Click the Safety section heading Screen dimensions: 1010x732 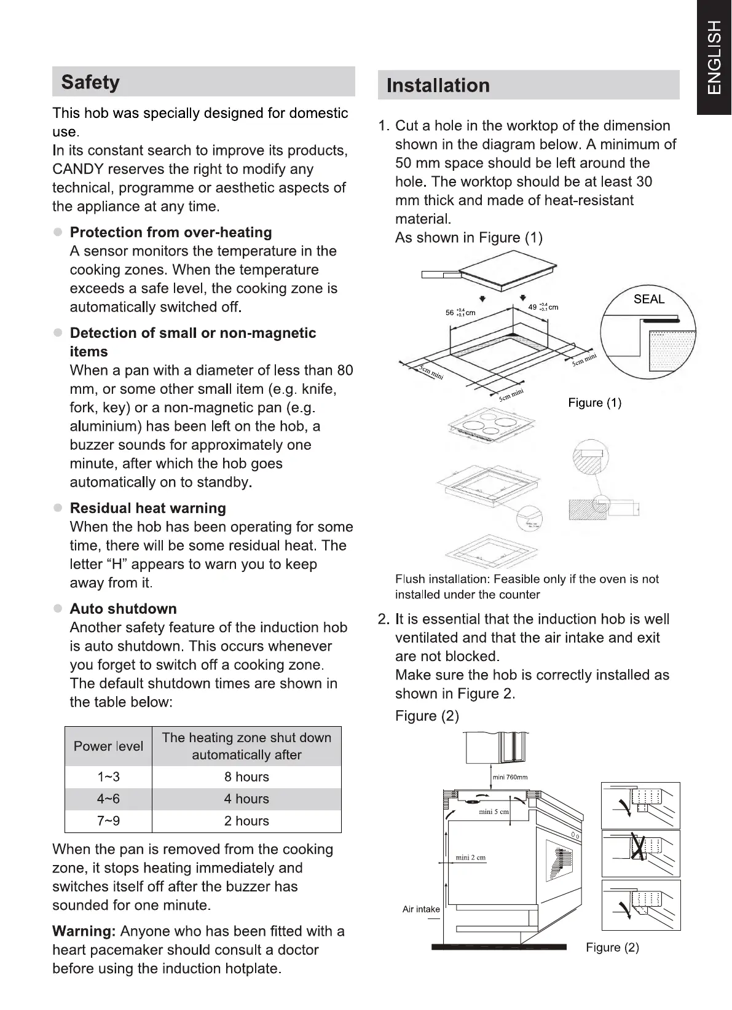(x=90, y=82)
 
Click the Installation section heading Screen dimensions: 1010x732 (x=438, y=85)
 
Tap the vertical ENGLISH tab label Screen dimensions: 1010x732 (x=714, y=57)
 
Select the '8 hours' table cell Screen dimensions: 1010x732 (x=246, y=777)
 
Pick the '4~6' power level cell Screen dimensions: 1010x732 (x=108, y=799)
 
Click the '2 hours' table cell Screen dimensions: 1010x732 (x=246, y=821)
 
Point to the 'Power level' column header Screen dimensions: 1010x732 (x=108, y=746)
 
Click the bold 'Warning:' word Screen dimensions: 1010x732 (x=84, y=931)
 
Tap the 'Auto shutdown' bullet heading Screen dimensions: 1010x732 (x=123, y=609)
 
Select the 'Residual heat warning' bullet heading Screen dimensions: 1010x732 (x=148, y=508)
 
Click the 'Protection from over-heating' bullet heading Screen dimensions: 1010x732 (x=171, y=232)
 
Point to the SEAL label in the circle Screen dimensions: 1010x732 (x=649, y=299)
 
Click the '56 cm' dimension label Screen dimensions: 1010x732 (x=460, y=313)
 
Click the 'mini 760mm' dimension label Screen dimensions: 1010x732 (x=510, y=777)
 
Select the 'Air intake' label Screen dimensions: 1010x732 (x=421, y=909)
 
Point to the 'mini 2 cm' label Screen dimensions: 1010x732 (x=470, y=858)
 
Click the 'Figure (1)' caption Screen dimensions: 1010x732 (x=594, y=403)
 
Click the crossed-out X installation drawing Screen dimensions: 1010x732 (x=640, y=853)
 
